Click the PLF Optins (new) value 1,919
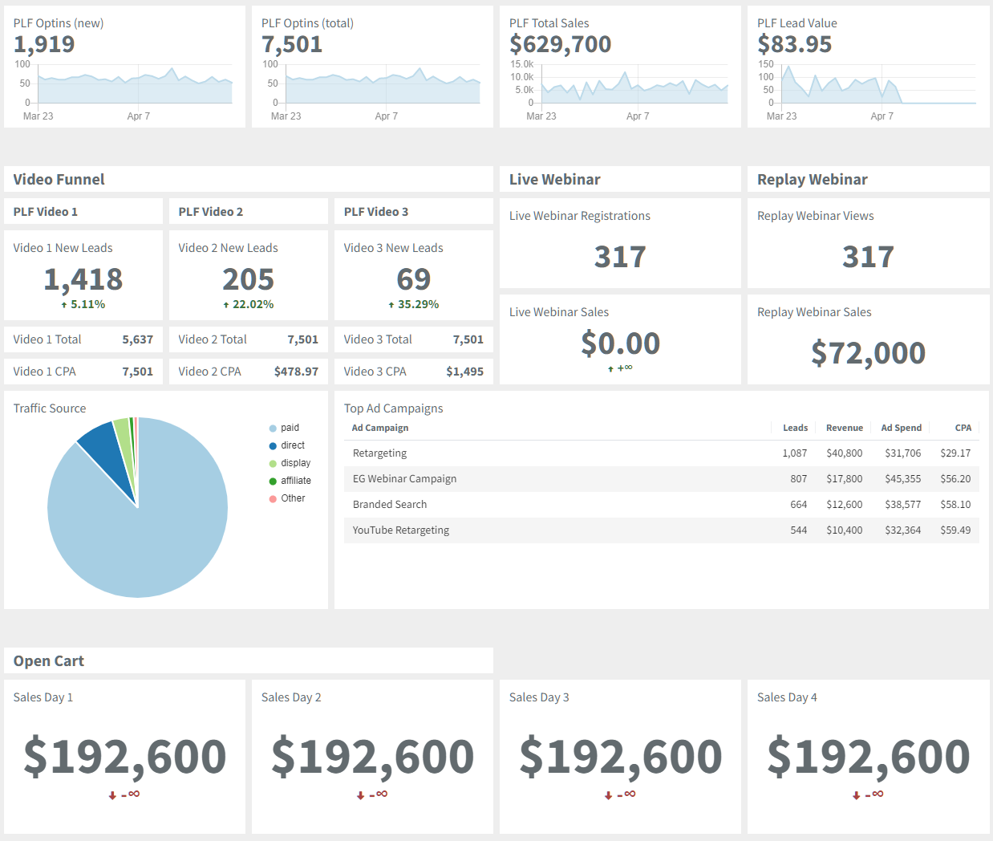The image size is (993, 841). point(44,45)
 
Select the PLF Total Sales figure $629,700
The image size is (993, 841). point(560,45)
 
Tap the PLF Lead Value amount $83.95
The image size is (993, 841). point(794,45)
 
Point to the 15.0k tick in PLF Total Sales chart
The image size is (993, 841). point(521,64)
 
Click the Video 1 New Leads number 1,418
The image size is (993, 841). point(83,279)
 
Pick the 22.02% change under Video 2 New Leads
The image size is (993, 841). point(249,305)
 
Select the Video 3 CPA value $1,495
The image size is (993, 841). point(464,372)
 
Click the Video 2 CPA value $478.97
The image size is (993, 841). point(296,372)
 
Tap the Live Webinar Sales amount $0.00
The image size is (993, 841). point(620,343)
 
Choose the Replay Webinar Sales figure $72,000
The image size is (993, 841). point(868,353)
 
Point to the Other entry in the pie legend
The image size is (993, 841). point(293,498)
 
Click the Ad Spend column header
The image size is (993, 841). point(901,428)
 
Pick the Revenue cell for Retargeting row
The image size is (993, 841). point(844,453)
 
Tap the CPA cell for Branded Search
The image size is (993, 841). point(955,505)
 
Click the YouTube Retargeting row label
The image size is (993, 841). point(401,530)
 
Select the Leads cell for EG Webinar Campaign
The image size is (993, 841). point(798,479)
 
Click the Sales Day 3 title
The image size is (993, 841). point(539,697)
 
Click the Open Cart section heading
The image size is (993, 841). point(49,661)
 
